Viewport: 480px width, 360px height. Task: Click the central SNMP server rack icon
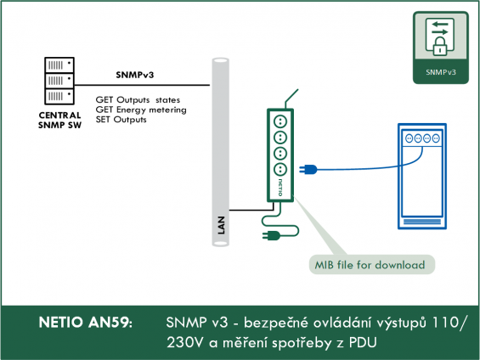point(59,81)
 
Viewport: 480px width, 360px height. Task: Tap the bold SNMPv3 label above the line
point(135,75)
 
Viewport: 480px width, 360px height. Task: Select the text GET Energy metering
point(141,110)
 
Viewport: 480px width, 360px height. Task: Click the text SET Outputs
point(121,119)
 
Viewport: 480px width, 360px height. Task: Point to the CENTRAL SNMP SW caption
point(59,121)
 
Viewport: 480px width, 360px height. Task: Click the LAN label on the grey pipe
point(221,225)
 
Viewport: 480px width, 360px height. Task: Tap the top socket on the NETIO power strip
point(280,121)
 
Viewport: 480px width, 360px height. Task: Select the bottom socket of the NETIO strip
point(280,169)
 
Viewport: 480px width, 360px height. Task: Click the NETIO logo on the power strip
point(280,187)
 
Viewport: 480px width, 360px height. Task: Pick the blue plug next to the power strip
point(308,169)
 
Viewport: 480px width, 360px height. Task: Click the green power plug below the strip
point(271,235)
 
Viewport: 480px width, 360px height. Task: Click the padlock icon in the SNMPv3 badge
point(439,47)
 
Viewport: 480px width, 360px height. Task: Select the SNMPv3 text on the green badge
point(441,72)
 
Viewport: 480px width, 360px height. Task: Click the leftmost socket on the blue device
point(409,138)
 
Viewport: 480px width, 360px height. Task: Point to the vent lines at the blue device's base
point(422,222)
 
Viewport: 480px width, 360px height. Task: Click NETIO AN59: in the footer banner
point(86,323)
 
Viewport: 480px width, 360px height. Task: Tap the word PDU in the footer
point(363,343)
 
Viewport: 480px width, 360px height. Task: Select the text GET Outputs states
point(138,100)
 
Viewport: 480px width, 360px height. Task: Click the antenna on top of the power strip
point(291,98)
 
